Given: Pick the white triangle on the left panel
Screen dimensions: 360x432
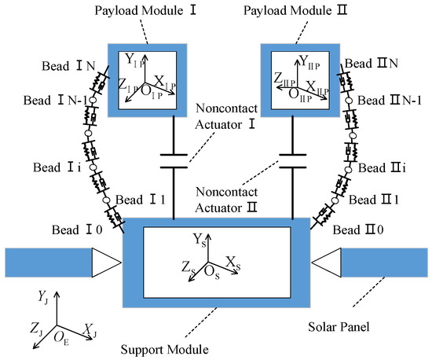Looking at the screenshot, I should [107, 264].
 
